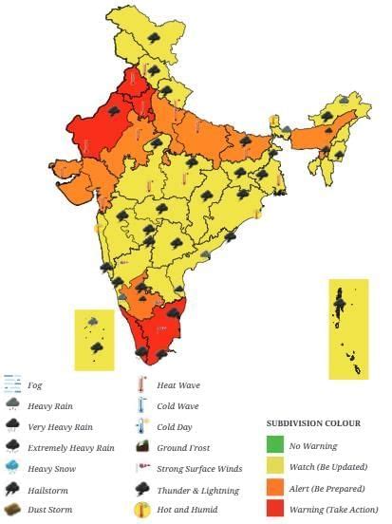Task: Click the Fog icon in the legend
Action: coord(12,384)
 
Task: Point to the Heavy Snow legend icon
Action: coord(12,468)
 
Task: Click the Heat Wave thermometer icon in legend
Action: coord(141,384)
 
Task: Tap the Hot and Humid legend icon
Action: coord(141,510)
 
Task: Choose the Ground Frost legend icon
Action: coord(141,447)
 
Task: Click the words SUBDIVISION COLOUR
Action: coord(314,423)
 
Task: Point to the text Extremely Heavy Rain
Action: coord(71,448)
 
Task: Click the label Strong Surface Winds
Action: coord(199,469)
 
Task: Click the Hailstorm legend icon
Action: coord(12,489)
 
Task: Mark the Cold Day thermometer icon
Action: coord(141,426)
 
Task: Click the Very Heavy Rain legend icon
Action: coord(12,426)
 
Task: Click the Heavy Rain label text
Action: coord(52,406)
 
